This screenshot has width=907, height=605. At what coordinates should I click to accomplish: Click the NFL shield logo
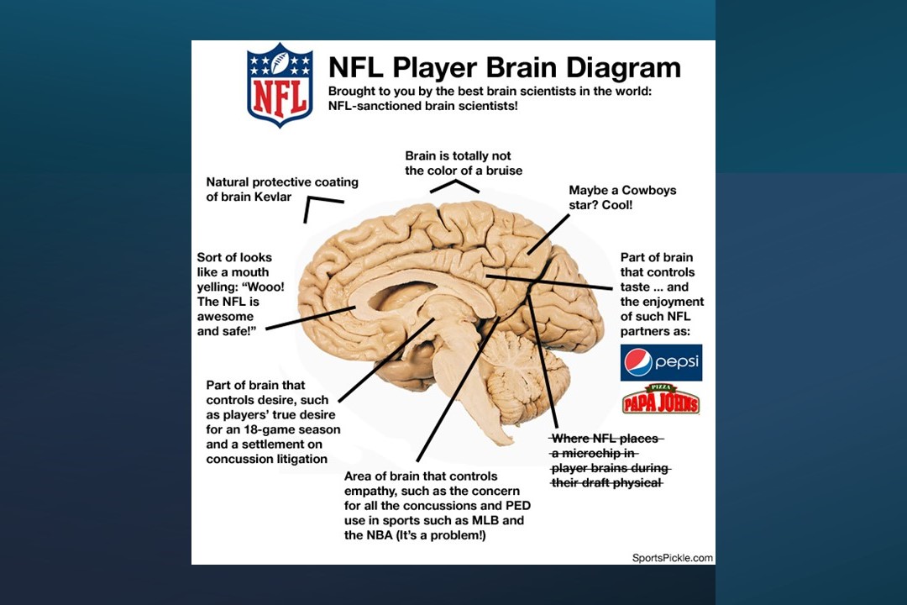280,85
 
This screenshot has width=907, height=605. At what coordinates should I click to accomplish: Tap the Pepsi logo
661,362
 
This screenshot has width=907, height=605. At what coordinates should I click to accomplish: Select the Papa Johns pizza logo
661,400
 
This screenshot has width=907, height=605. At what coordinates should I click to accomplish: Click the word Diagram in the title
623,68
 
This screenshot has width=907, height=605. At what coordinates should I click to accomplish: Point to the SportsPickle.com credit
672,558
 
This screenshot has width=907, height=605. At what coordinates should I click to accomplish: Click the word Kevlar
272,197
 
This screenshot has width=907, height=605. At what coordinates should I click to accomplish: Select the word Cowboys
648,191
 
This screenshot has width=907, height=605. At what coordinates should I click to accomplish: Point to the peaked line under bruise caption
454,185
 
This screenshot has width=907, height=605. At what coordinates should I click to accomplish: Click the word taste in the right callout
635,287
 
